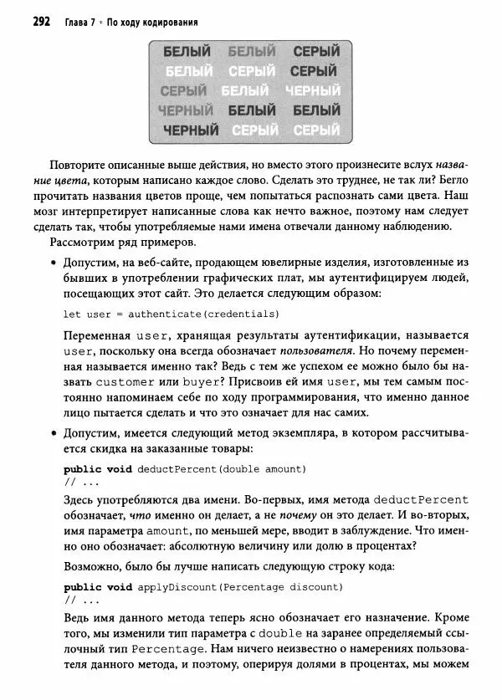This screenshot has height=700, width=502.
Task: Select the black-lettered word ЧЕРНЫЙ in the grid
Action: pyautogui.click(x=191, y=130)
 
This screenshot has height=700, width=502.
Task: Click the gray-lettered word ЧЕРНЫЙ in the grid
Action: pyautogui.click(x=185, y=110)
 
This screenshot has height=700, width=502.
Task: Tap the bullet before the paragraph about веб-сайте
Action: pyautogui.click(x=54, y=263)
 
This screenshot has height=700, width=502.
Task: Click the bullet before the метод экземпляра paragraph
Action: pyautogui.click(x=54, y=433)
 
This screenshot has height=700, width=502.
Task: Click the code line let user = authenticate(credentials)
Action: pyautogui.click(x=171, y=314)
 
